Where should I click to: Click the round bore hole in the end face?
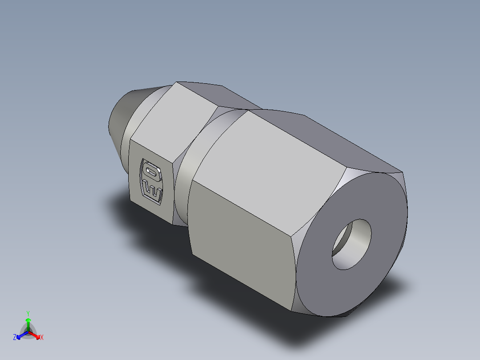(x=351, y=244)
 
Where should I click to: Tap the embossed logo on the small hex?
(x=151, y=181)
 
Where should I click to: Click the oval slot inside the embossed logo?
(x=151, y=171)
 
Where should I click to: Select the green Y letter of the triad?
(x=28, y=313)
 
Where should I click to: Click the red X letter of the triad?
(x=41, y=338)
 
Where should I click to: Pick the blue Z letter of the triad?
(x=15, y=338)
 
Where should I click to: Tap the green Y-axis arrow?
(x=28, y=322)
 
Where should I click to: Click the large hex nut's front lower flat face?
(x=240, y=250)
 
